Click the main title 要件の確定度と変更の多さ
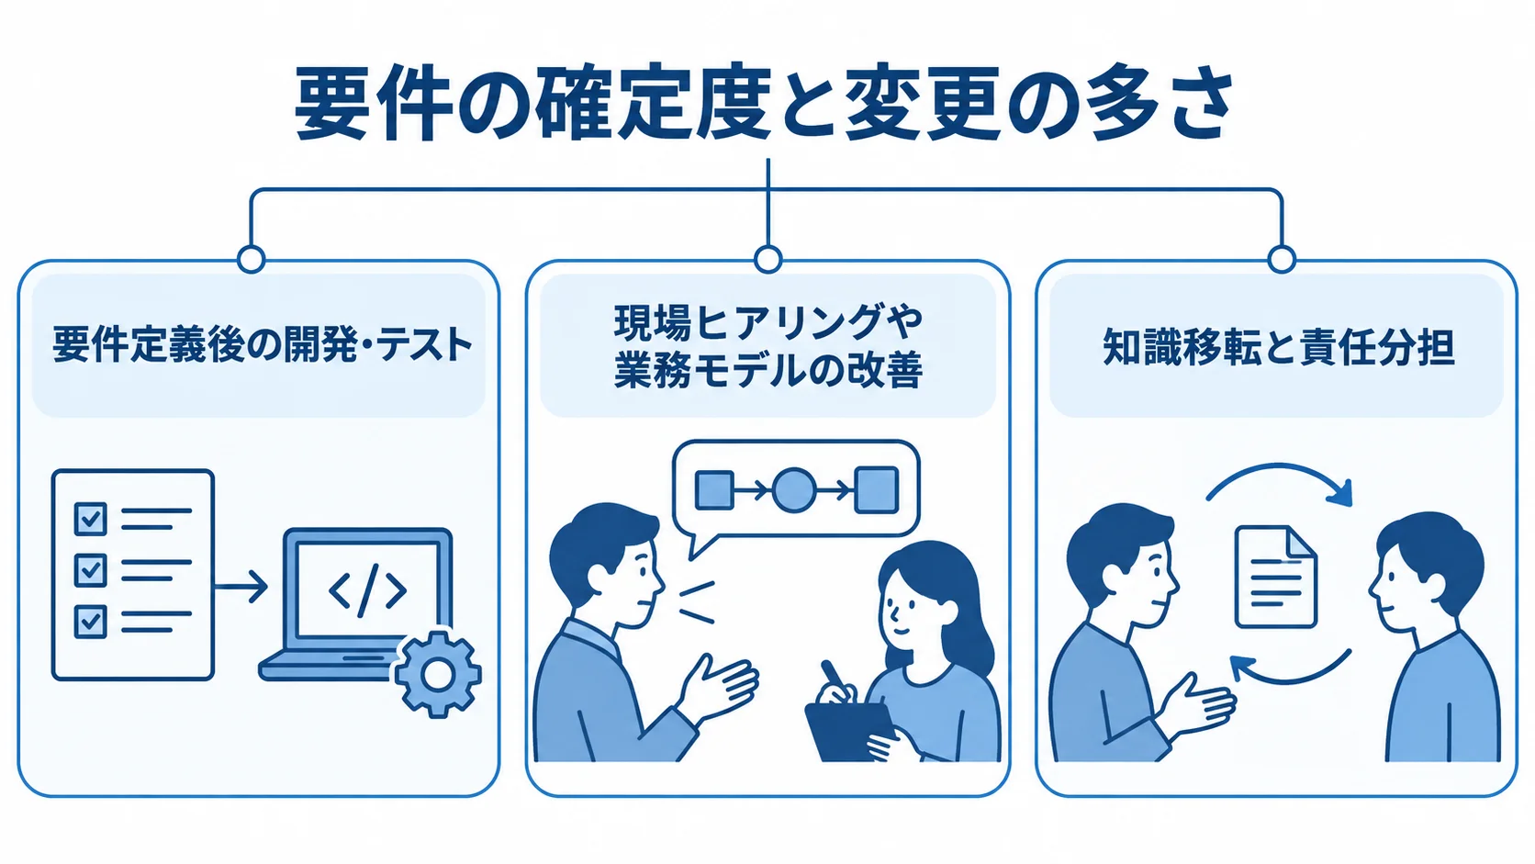coord(765,103)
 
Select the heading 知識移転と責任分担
coord(1279,347)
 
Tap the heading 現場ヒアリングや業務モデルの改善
coord(768,347)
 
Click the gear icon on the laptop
coord(437,674)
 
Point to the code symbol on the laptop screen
coord(368,590)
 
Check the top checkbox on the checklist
coord(90,520)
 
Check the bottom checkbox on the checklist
coord(90,622)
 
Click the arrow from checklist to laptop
coord(241,588)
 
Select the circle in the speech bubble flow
coord(794,490)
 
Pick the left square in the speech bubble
coord(715,490)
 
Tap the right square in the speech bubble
coord(877,490)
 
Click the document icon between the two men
coord(1275,577)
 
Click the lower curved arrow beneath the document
coord(1288,679)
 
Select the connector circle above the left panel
coord(251,260)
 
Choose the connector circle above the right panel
coord(1282,260)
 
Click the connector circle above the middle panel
coord(767,260)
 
